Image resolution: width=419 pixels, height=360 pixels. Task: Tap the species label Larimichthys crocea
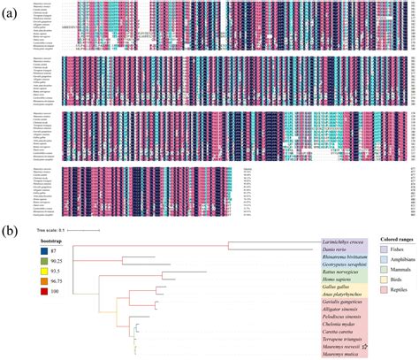[x=340, y=240]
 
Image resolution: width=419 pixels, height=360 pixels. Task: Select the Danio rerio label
[x=333, y=249]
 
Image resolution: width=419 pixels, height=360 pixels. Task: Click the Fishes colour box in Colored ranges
[x=384, y=250]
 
